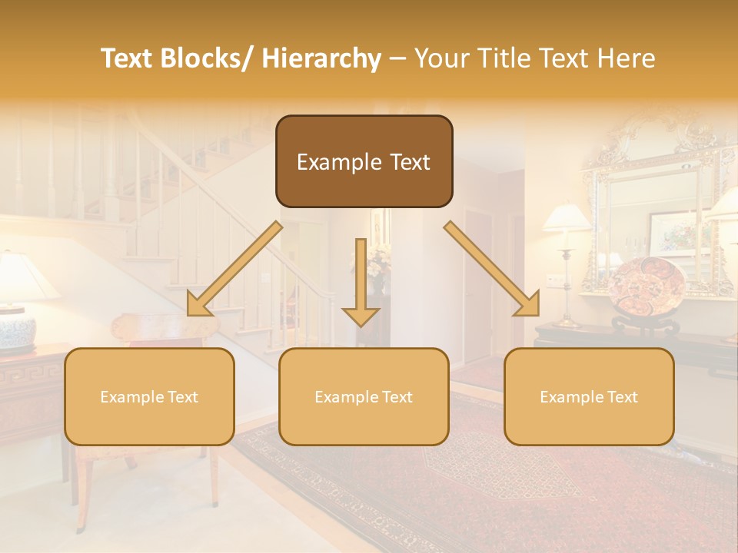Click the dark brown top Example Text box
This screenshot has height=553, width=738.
[x=364, y=161]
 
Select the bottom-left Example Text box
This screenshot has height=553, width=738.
[x=149, y=396]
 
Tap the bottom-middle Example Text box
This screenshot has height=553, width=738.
[x=364, y=396]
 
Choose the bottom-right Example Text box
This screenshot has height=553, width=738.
[x=589, y=396]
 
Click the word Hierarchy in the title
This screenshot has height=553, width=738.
[x=321, y=58]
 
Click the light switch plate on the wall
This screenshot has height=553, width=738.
[x=553, y=280]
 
